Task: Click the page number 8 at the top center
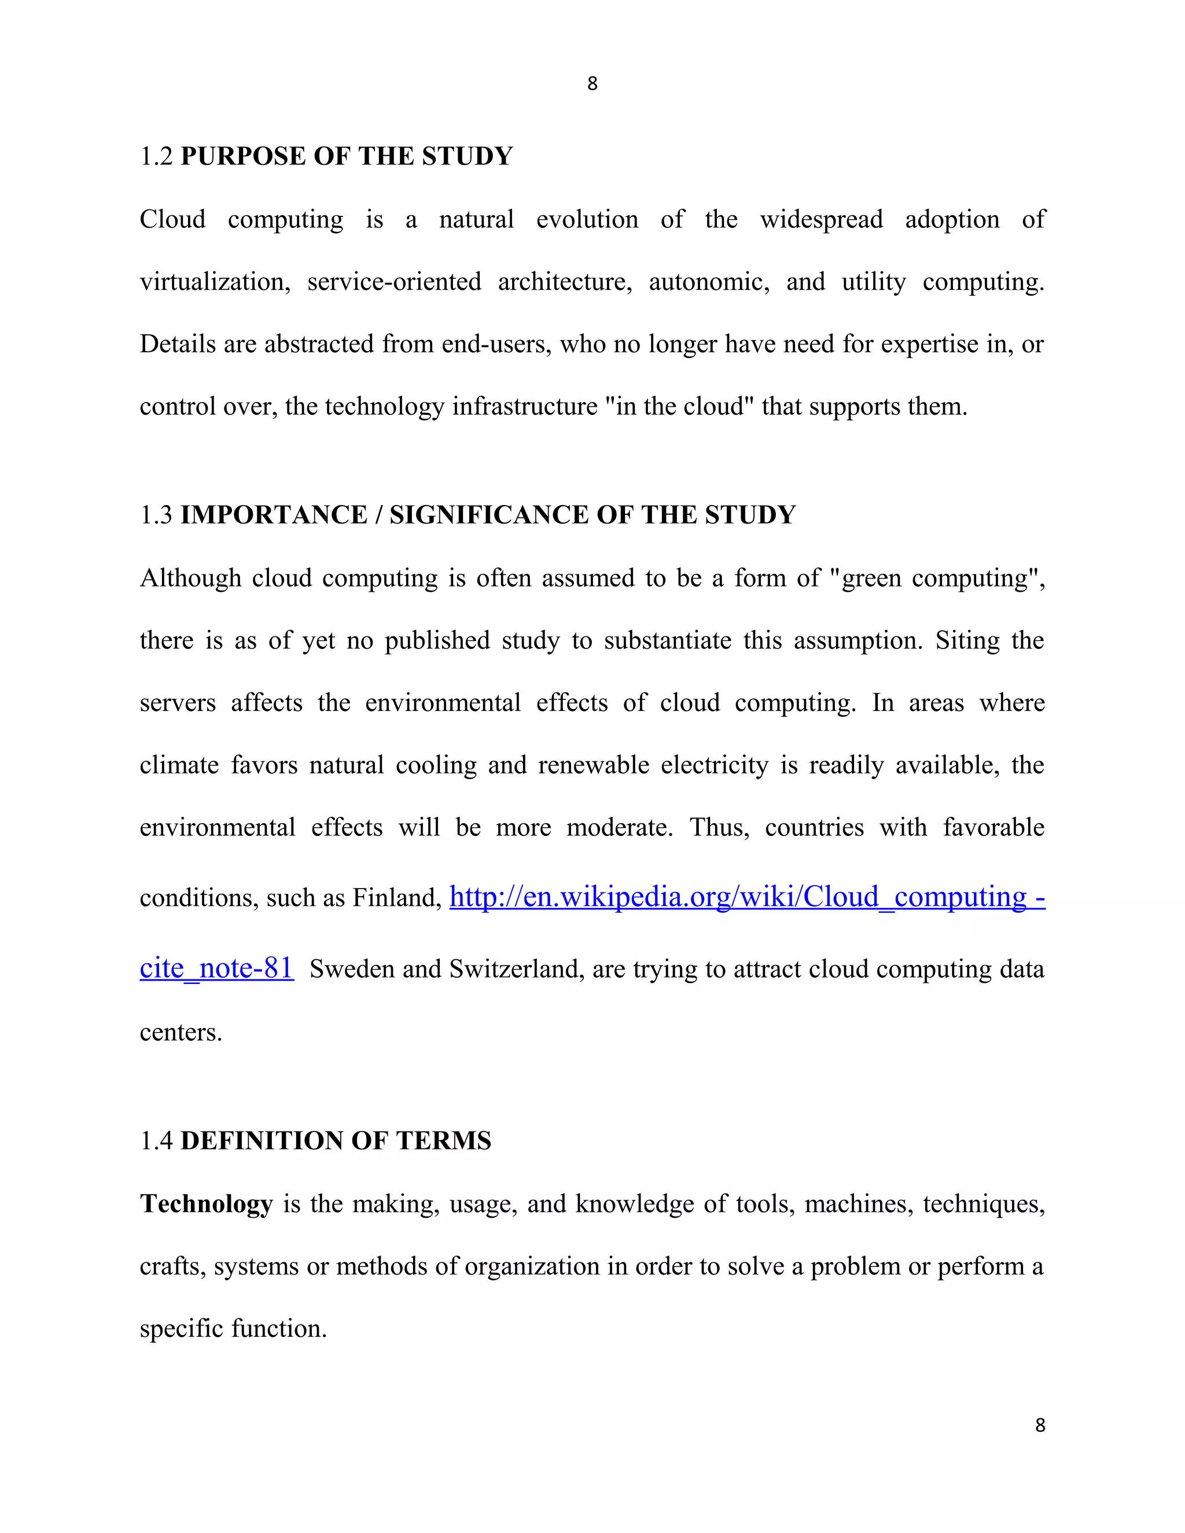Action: point(592,83)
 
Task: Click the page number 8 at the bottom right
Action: point(1040,1425)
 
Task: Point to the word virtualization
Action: point(215,282)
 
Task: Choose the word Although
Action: point(190,578)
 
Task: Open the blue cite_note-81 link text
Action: point(216,968)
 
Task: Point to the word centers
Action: point(181,1033)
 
